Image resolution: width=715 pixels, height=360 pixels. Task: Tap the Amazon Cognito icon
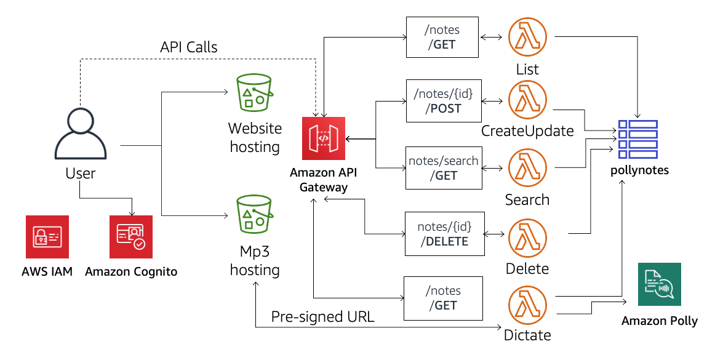coord(130,237)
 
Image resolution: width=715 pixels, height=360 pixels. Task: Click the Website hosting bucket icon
coord(255,94)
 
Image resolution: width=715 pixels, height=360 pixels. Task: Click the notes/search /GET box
coord(443,167)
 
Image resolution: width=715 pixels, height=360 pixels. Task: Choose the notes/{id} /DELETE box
coord(444,233)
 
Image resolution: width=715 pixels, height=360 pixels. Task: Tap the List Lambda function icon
coord(527,38)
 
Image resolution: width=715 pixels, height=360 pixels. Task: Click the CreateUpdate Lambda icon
coord(527,100)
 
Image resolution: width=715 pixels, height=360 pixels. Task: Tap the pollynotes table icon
coord(637,139)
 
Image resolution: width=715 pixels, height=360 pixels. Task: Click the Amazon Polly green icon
coord(659,284)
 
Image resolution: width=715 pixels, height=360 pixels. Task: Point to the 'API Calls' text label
coord(188,47)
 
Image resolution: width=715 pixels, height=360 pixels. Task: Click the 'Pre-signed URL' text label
coord(323,317)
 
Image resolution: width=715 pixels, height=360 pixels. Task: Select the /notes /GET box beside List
coord(442,37)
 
